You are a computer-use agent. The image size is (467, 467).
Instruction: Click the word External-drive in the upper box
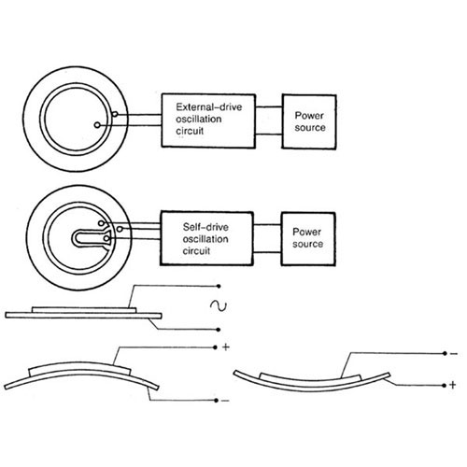(209, 107)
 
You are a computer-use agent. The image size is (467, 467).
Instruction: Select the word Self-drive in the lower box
(205, 227)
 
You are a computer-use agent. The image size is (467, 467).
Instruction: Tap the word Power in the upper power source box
(309, 116)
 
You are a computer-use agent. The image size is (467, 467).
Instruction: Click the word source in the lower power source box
(307, 244)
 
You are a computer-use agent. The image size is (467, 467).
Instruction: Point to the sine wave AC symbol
(219, 305)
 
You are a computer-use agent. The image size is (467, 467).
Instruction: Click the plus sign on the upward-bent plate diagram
(226, 347)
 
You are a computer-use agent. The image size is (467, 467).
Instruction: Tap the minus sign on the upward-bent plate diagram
(225, 401)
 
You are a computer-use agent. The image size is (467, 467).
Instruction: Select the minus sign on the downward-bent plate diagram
(454, 354)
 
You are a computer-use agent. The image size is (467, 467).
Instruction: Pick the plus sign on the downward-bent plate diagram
(453, 385)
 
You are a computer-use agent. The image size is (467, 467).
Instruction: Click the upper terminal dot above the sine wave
(219, 286)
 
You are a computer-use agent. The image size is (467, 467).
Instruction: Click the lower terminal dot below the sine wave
(219, 330)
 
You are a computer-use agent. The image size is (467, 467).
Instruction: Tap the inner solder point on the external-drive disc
(97, 125)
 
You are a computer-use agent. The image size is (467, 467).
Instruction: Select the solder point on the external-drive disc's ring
(115, 114)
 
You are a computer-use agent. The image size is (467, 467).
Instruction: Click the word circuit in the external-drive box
(190, 131)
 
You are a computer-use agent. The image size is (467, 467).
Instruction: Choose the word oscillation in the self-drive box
(205, 239)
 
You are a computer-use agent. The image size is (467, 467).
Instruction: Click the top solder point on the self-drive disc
(101, 223)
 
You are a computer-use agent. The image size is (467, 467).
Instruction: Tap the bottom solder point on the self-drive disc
(106, 239)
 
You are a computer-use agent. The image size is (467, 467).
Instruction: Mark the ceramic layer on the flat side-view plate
(84, 310)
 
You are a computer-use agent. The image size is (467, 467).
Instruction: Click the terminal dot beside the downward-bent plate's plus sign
(445, 386)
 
